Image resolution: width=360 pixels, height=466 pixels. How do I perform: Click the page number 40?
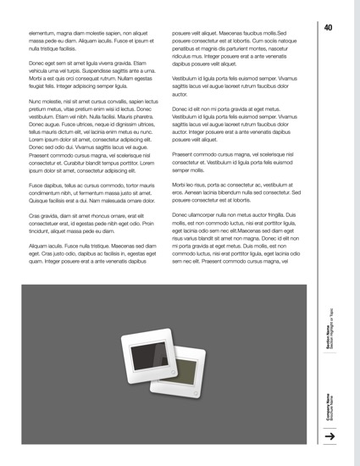[328, 28]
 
